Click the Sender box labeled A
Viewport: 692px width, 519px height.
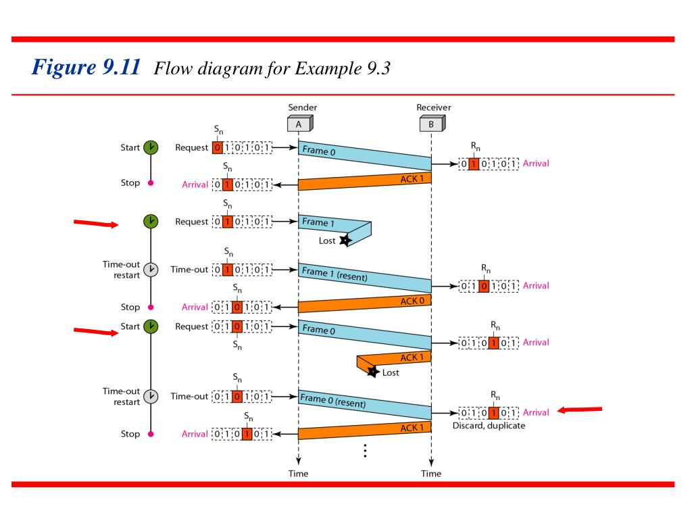click(299, 124)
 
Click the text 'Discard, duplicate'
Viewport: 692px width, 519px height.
click(489, 426)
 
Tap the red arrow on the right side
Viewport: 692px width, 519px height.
click(579, 410)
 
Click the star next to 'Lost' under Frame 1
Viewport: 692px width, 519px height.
click(345, 241)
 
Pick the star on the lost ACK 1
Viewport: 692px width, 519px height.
click(372, 371)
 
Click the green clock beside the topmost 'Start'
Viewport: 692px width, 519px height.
click(151, 147)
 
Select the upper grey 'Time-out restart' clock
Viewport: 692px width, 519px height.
click(151, 269)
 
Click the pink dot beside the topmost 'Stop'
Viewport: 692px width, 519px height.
click(151, 182)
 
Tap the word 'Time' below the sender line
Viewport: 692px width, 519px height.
click(298, 473)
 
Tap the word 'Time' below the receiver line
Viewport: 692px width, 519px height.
click(431, 473)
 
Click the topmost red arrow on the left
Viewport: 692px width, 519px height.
click(96, 224)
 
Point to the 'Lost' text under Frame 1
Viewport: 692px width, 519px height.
click(327, 241)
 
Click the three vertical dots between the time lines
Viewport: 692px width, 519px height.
click(365, 451)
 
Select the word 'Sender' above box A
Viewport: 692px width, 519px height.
click(302, 107)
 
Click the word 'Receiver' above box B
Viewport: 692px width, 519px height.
click(434, 107)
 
